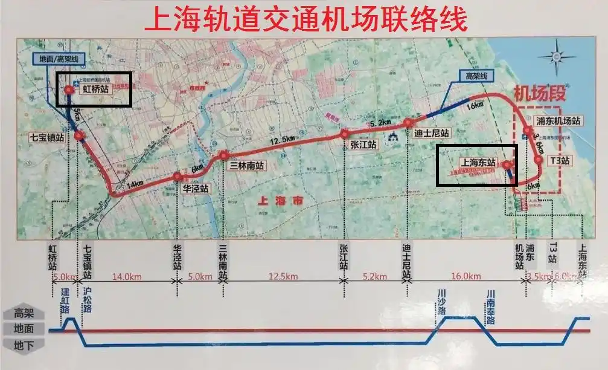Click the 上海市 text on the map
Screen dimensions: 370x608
pyautogui.click(x=279, y=200)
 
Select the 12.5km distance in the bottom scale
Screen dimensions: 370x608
pyautogui.click(x=283, y=277)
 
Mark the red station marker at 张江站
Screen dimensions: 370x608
pyautogui.click(x=344, y=134)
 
